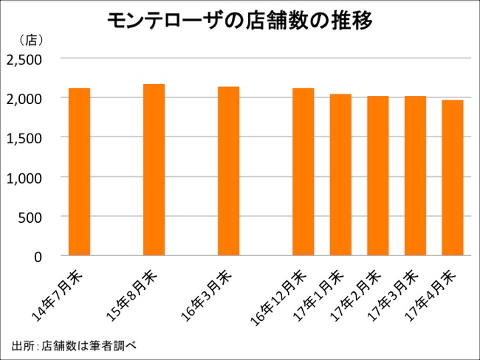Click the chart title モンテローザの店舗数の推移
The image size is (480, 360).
pos(239,20)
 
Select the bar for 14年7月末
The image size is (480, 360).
pos(79,172)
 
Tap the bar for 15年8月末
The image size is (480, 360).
pos(154,170)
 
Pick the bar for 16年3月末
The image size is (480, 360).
pos(228,171)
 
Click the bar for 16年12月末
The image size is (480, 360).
pos(303,172)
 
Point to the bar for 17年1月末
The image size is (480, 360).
pos(340,175)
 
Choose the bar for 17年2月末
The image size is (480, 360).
pos(377,176)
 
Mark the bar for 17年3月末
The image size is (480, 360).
pos(414,176)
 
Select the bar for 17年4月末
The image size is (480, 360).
pos(452,178)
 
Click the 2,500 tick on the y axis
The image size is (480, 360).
pos(27,58)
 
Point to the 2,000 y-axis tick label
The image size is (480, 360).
pos(27,98)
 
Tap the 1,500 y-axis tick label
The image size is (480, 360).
pos(27,137)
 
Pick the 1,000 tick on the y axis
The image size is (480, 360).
pos(27,177)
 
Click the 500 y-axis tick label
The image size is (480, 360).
pos(33,217)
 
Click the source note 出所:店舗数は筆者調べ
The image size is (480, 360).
pos(75,345)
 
